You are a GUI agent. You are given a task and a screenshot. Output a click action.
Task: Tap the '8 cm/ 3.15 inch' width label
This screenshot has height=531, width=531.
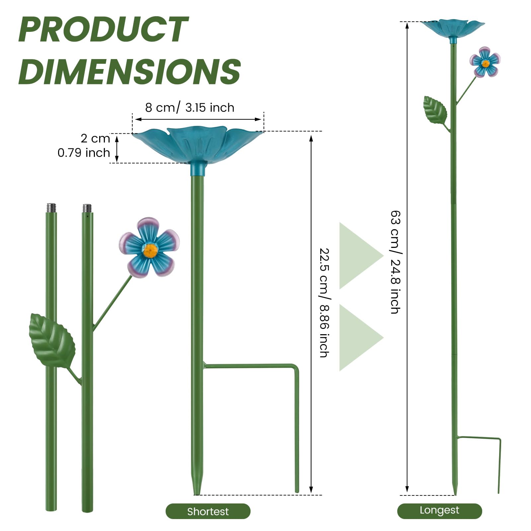click(190, 108)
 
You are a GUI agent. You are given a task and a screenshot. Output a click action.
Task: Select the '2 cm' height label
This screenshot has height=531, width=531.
click(95, 138)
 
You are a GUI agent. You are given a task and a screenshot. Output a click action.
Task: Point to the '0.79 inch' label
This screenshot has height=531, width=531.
click(84, 153)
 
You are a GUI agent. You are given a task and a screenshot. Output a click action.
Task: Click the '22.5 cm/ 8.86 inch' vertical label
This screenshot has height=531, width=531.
click(324, 303)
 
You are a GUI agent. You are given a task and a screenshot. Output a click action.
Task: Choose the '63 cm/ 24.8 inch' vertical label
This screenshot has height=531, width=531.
click(395, 262)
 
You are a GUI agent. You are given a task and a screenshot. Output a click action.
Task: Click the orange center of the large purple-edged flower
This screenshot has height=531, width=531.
click(150, 251)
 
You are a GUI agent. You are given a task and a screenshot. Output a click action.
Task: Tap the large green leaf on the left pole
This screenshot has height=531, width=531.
click(52, 340)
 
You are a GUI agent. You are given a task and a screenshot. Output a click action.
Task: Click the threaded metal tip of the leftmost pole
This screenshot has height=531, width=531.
click(51, 207)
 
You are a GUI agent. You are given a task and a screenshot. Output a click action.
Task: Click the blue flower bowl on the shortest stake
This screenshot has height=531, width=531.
click(197, 146)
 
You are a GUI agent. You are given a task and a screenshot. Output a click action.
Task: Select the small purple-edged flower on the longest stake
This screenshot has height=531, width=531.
click(485, 62)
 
